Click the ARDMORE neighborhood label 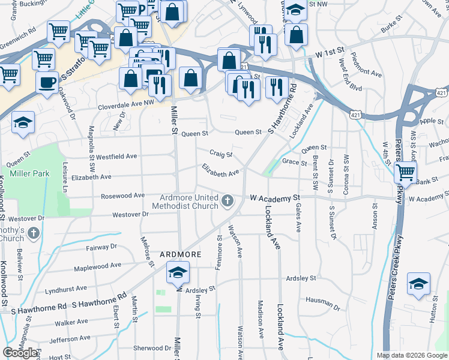click(x=178, y=254)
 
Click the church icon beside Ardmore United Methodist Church click(x=228, y=200)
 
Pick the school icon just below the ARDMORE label click(x=178, y=273)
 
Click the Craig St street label click(x=221, y=154)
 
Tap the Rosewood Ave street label click(x=123, y=196)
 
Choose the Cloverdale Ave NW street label click(x=127, y=103)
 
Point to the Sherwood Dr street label click(x=152, y=348)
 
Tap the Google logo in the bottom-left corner click(x=20, y=353)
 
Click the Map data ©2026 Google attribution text click(x=412, y=355)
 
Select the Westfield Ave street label click(x=116, y=156)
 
